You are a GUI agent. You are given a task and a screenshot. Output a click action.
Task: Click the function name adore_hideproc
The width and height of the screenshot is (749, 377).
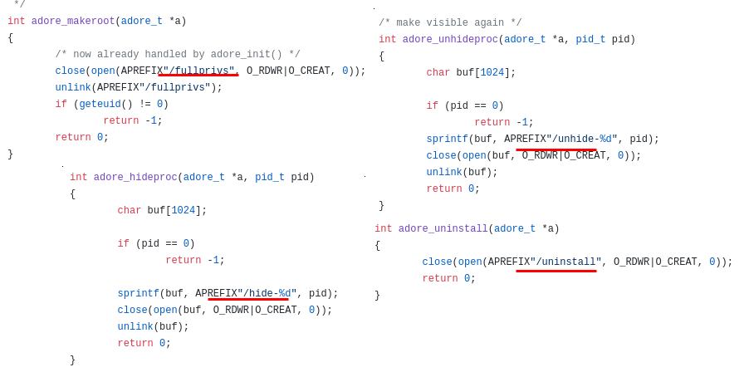[135, 178]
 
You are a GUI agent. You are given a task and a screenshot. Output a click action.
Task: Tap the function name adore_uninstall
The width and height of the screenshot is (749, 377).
[443, 229]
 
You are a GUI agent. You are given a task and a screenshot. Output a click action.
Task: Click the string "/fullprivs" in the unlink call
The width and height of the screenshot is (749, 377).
[175, 88]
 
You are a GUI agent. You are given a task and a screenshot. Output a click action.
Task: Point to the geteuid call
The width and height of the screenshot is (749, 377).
[100, 105]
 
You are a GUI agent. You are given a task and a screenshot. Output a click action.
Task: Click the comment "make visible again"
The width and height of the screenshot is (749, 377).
[450, 23]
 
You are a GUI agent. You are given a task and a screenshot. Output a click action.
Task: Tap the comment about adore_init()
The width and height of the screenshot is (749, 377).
[178, 55]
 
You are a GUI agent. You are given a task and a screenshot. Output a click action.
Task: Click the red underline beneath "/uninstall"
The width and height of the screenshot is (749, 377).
[556, 271]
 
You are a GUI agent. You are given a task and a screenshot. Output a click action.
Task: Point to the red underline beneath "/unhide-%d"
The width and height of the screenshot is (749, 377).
[556, 150]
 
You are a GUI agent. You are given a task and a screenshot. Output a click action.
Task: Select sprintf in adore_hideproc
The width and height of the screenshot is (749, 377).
[138, 294]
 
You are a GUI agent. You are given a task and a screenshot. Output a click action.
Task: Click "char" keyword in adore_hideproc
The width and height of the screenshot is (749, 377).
[129, 211]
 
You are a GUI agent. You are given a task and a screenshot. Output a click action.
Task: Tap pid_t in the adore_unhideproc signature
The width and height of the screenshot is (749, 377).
[590, 40]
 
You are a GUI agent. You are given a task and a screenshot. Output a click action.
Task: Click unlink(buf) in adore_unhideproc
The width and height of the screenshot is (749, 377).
[462, 173]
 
